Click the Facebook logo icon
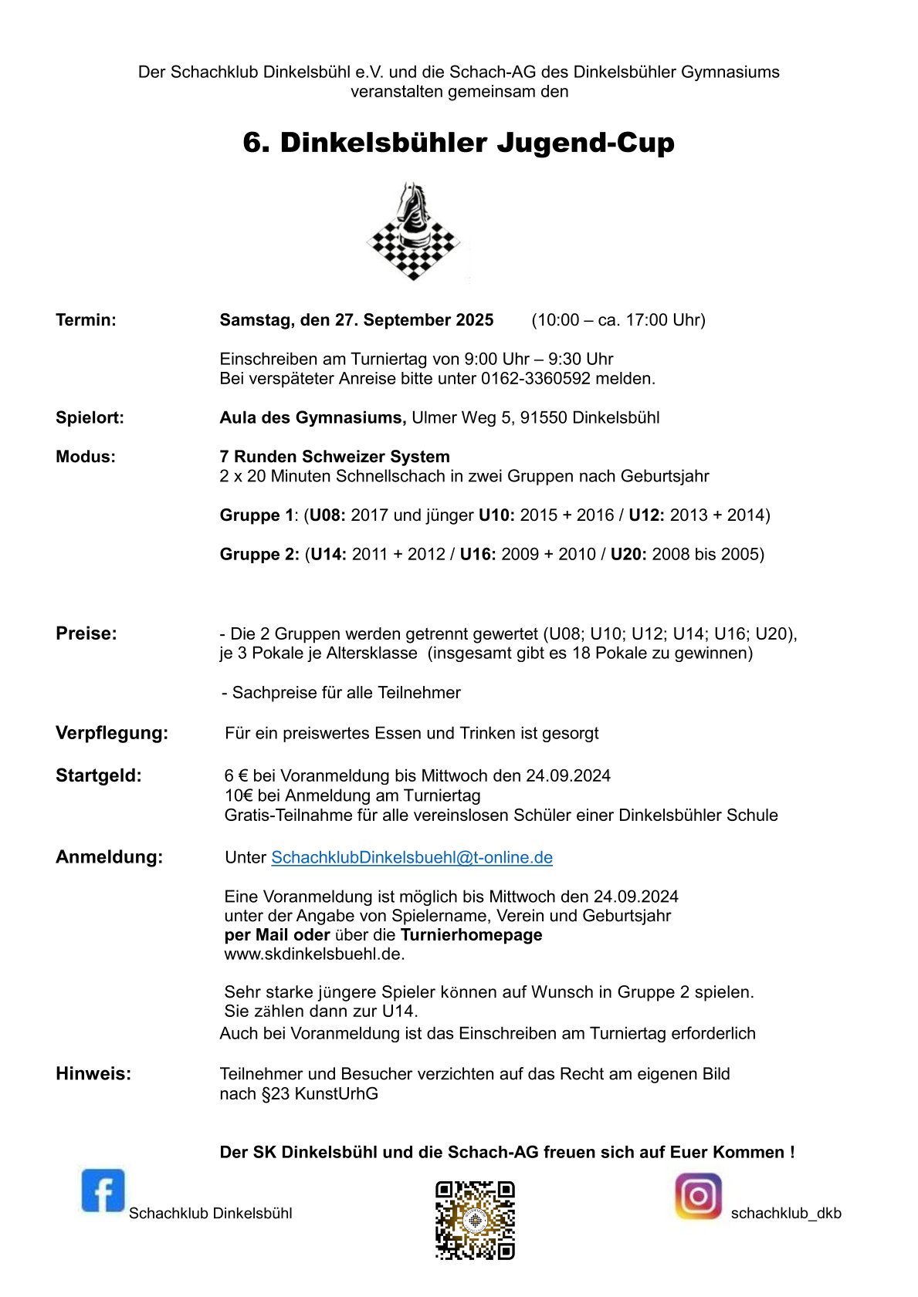pos(103,1191)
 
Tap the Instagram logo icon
pos(698,1196)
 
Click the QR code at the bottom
pos(475,1220)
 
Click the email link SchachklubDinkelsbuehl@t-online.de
pos(412,857)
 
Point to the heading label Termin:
pos(86,320)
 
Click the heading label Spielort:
pos(90,417)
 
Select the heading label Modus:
pos(86,457)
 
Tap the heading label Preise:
pos(86,633)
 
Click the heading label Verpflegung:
pos(112,733)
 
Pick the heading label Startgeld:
pos(99,775)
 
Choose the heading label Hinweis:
pos(93,1073)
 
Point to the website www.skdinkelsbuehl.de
pos(313,954)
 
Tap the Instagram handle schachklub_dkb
pos(786,1213)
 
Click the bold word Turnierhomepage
pos(471,934)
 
